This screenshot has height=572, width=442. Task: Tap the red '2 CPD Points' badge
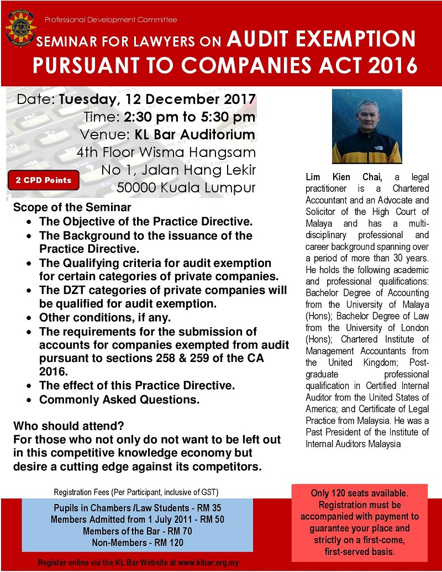(x=44, y=180)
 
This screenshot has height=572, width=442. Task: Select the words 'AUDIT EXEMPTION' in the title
(x=322, y=39)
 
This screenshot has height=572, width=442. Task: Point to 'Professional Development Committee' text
(x=110, y=20)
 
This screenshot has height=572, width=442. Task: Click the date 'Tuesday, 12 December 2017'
(x=157, y=101)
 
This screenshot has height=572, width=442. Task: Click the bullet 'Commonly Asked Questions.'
(x=119, y=398)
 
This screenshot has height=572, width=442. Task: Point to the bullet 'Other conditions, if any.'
(x=105, y=318)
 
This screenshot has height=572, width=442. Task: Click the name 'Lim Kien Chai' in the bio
(x=338, y=177)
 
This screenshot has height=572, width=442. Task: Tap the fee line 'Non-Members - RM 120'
(x=137, y=542)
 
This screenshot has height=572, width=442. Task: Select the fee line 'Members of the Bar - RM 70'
(x=137, y=531)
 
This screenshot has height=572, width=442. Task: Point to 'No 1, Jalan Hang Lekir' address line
(x=178, y=169)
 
